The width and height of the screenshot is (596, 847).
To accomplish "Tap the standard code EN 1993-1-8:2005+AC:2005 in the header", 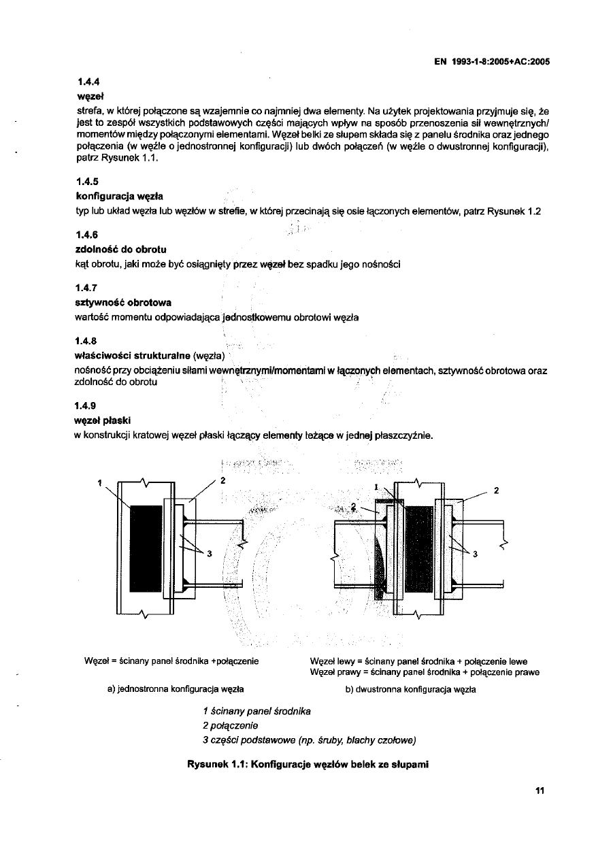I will pyautogui.click(x=491, y=61).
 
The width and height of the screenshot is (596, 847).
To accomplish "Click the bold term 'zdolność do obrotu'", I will pyautogui.click(x=120, y=249).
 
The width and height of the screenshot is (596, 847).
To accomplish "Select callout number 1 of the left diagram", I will pyautogui.click(x=99, y=484).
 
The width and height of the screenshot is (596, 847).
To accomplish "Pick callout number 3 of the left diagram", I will pyautogui.click(x=210, y=552).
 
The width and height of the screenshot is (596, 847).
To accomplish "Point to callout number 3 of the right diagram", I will pyautogui.click(x=475, y=554).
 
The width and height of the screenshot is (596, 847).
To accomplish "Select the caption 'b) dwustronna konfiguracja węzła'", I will pyautogui.click(x=410, y=689).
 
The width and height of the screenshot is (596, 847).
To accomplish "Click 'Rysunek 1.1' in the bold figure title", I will pyautogui.click(x=216, y=764).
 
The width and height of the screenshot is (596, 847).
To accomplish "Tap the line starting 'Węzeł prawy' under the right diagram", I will pyautogui.click(x=424, y=672).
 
